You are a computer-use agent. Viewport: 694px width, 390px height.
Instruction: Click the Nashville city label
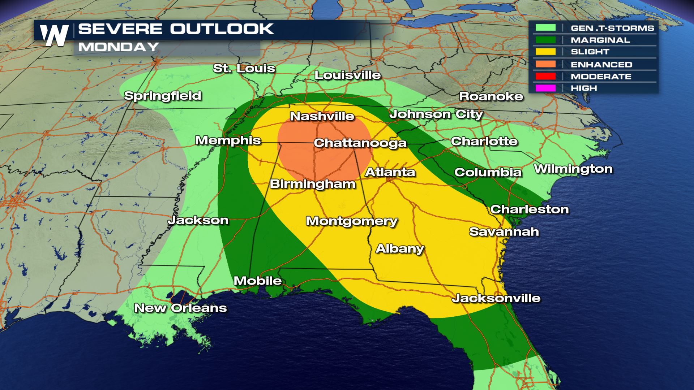tap(322, 116)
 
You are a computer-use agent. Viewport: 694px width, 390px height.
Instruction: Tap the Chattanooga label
tap(360, 143)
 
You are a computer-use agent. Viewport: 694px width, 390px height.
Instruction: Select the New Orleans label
tap(180, 308)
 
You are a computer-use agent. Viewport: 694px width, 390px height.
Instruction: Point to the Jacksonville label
tap(496, 298)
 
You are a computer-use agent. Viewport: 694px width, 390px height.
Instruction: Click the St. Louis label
tap(244, 68)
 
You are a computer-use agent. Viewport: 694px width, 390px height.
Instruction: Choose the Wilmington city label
tap(573, 169)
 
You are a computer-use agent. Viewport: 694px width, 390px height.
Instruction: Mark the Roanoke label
tap(491, 96)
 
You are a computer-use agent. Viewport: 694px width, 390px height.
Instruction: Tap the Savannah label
tap(504, 232)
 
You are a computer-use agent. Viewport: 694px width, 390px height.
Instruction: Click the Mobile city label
tap(258, 281)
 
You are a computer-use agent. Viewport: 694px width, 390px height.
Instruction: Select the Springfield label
tap(163, 96)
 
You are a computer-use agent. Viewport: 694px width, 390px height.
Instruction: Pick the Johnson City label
tap(436, 114)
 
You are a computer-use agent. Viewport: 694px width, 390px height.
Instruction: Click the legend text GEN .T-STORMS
tap(612, 28)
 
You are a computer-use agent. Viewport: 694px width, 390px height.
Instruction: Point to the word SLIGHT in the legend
tap(590, 52)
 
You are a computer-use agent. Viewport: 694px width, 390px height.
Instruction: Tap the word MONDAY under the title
tap(119, 47)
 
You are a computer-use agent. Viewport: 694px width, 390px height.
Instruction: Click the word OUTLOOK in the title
tap(222, 29)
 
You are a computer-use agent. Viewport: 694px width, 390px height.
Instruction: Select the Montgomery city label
tap(352, 221)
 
